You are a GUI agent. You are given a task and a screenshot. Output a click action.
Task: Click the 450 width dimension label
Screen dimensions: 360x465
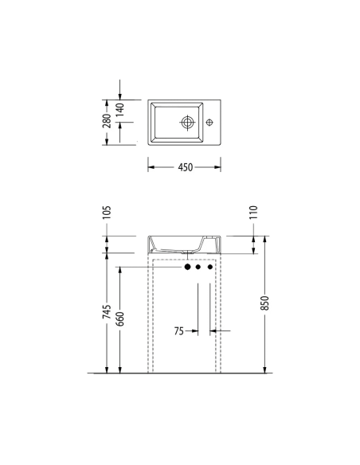(x=186, y=167)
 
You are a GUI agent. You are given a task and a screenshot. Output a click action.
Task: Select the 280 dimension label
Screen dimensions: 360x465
(x=107, y=121)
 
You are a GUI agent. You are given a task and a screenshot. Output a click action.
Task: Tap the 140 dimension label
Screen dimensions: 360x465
(x=120, y=110)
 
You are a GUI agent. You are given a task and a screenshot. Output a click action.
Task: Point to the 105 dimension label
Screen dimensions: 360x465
(x=107, y=213)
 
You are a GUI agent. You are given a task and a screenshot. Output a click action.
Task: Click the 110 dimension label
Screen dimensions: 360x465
(x=253, y=213)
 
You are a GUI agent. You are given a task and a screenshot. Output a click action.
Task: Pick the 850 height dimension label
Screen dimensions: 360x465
(x=264, y=303)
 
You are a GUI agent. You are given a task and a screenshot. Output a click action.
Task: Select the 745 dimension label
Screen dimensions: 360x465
(x=107, y=311)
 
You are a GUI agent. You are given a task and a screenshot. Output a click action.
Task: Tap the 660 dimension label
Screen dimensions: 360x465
(x=120, y=318)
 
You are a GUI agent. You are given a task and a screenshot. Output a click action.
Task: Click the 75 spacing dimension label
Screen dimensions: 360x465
(x=179, y=330)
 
